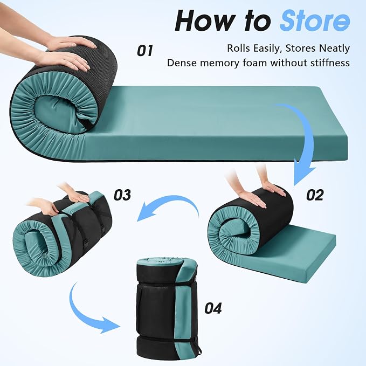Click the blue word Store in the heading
315,20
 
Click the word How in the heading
205,20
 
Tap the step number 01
145,51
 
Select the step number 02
315,195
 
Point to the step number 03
122,195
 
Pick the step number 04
213,308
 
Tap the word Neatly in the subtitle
335,49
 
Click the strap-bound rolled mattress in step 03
62,233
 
